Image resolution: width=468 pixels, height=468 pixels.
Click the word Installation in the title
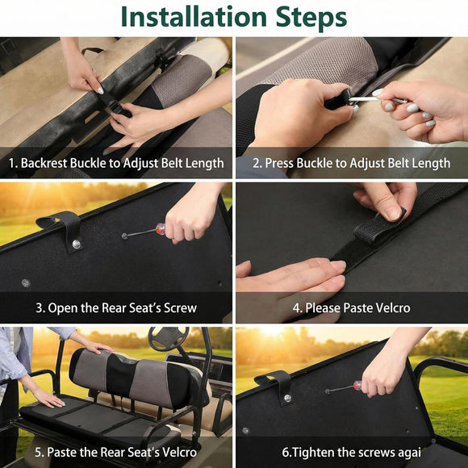[x=194, y=17]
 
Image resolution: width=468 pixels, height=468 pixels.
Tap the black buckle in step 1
[x=115, y=107]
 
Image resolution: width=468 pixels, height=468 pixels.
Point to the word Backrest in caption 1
[x=44, y=163]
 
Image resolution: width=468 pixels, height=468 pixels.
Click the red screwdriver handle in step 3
[x=161, y=229]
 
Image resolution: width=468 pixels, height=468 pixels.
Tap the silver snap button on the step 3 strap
[x=77, y=244]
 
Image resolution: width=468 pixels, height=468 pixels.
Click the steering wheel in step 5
[x=169, y=339]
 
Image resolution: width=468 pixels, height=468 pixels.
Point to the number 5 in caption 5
[x=38, y=452]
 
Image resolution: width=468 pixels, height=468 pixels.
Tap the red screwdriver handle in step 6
[x=357, y=386]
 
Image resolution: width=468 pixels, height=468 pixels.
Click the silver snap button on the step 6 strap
[x=287, y=398]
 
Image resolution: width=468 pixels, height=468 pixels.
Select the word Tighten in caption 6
[x=310, y=453]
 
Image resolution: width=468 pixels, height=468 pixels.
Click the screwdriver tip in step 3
[x=124, y=236]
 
